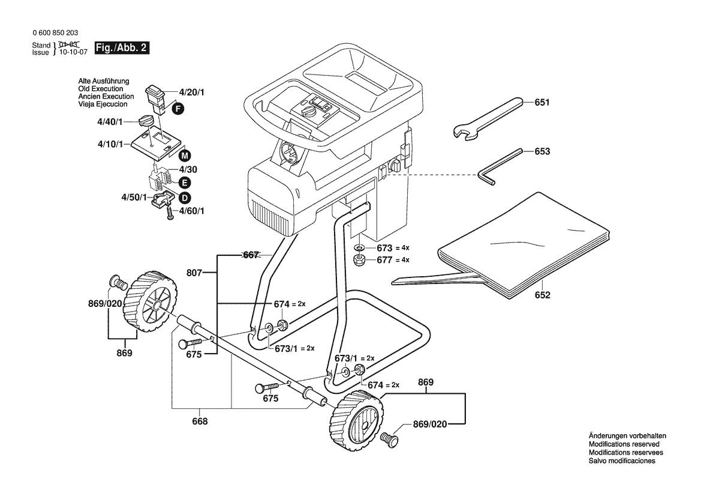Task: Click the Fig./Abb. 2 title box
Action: coord(122,47)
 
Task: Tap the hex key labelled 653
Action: coord(500,166)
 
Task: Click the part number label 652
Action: coord(542,295)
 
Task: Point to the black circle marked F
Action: coord(178,108)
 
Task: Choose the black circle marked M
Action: coord(185,156)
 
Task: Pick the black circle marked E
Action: coord(184,183)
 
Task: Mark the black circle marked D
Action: coord(184,198)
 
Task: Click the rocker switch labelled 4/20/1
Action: coord(155,99)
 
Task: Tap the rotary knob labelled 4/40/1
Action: coord(146,121)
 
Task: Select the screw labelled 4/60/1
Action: coord(170,213)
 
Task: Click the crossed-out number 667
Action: coord(251,255)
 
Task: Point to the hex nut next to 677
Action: coord(359,260)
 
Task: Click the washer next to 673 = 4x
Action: coord(359,247)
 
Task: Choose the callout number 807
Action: coord(194,273)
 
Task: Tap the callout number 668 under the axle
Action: coord(200,422)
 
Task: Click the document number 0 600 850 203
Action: coord(55,32)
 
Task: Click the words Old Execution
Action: coord(101,89)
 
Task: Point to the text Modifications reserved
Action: coord(624,444)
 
